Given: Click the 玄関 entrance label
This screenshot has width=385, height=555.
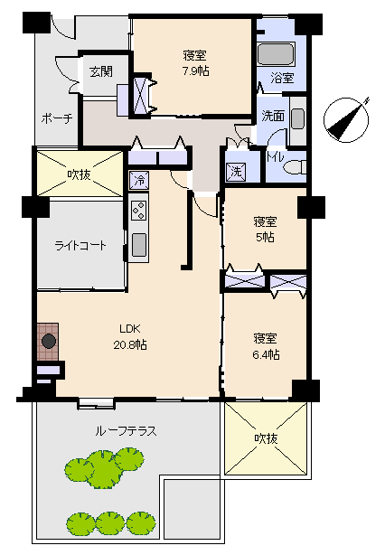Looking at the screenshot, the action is click(101, 71).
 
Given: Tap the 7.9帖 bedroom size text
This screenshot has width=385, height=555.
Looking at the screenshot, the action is click(195, 71).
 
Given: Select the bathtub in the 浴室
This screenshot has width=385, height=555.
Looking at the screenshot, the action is click(276, 54).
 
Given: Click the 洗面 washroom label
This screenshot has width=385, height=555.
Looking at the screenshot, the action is click(273, 116).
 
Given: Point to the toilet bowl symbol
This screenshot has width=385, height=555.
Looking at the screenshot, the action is click(296, 166).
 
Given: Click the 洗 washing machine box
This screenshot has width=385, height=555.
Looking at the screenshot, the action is click(237, 172).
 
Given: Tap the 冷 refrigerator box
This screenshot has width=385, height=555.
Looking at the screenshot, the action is click(139, 180).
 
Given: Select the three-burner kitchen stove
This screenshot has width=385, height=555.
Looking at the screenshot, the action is click(138, 211).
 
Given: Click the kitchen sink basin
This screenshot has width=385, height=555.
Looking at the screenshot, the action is click(138, 245).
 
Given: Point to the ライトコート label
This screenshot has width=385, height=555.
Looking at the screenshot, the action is click(80, 245).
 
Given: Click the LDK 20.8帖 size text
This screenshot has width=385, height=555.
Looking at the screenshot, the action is click(130, 344).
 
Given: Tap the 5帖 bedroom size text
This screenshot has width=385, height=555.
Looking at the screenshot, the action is click(265, 237).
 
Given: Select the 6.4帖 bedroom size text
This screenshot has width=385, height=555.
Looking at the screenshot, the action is click(266, 354).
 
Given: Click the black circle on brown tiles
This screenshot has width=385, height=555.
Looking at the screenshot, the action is click(49, 342).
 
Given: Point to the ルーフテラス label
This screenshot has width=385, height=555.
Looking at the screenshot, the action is click(126, 431).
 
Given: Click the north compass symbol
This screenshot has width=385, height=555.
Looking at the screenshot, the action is click(347, 119).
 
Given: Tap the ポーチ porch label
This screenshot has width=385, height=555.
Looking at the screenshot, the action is click(57, 118).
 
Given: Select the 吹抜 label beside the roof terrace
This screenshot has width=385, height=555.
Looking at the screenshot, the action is click(266, 438).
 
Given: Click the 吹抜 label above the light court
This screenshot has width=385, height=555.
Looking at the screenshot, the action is click(80, 174).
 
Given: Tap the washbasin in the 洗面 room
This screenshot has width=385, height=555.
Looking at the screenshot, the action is click(297, 119).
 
